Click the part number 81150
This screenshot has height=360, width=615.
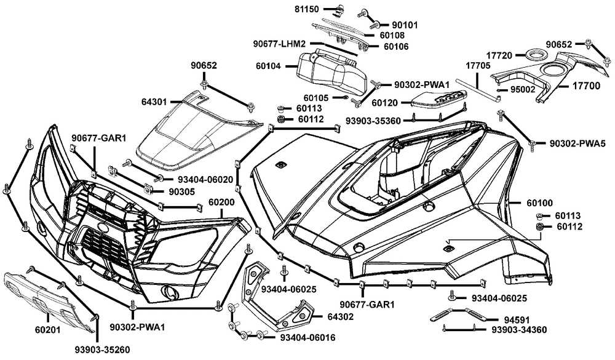pyautogui.click(x=307, y=9)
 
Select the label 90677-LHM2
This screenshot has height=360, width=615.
pyautogui.click(x=279, y=43)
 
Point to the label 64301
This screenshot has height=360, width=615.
pyautogui.click(x=154, y=102)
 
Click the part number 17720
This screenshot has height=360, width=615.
pyautogui.click(x=499, y=55)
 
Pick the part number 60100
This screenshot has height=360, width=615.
pyautogui.click(x=540, y=203)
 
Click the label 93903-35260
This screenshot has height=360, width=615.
pyautogui.click(x=102, y=350)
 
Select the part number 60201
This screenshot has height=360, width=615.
pyautogui.click(x=48, y=330)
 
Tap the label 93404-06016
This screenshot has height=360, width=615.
pyautogui.click(x=308, y=338)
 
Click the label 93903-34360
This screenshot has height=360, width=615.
pyautogui.click(x=519, y=330)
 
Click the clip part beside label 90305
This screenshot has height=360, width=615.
pyautogui.click(x=149, y=189)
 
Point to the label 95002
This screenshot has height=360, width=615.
pyautogui.click(x=522, y=90)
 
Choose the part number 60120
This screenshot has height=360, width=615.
pyautogui.click(x=385, y=103)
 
